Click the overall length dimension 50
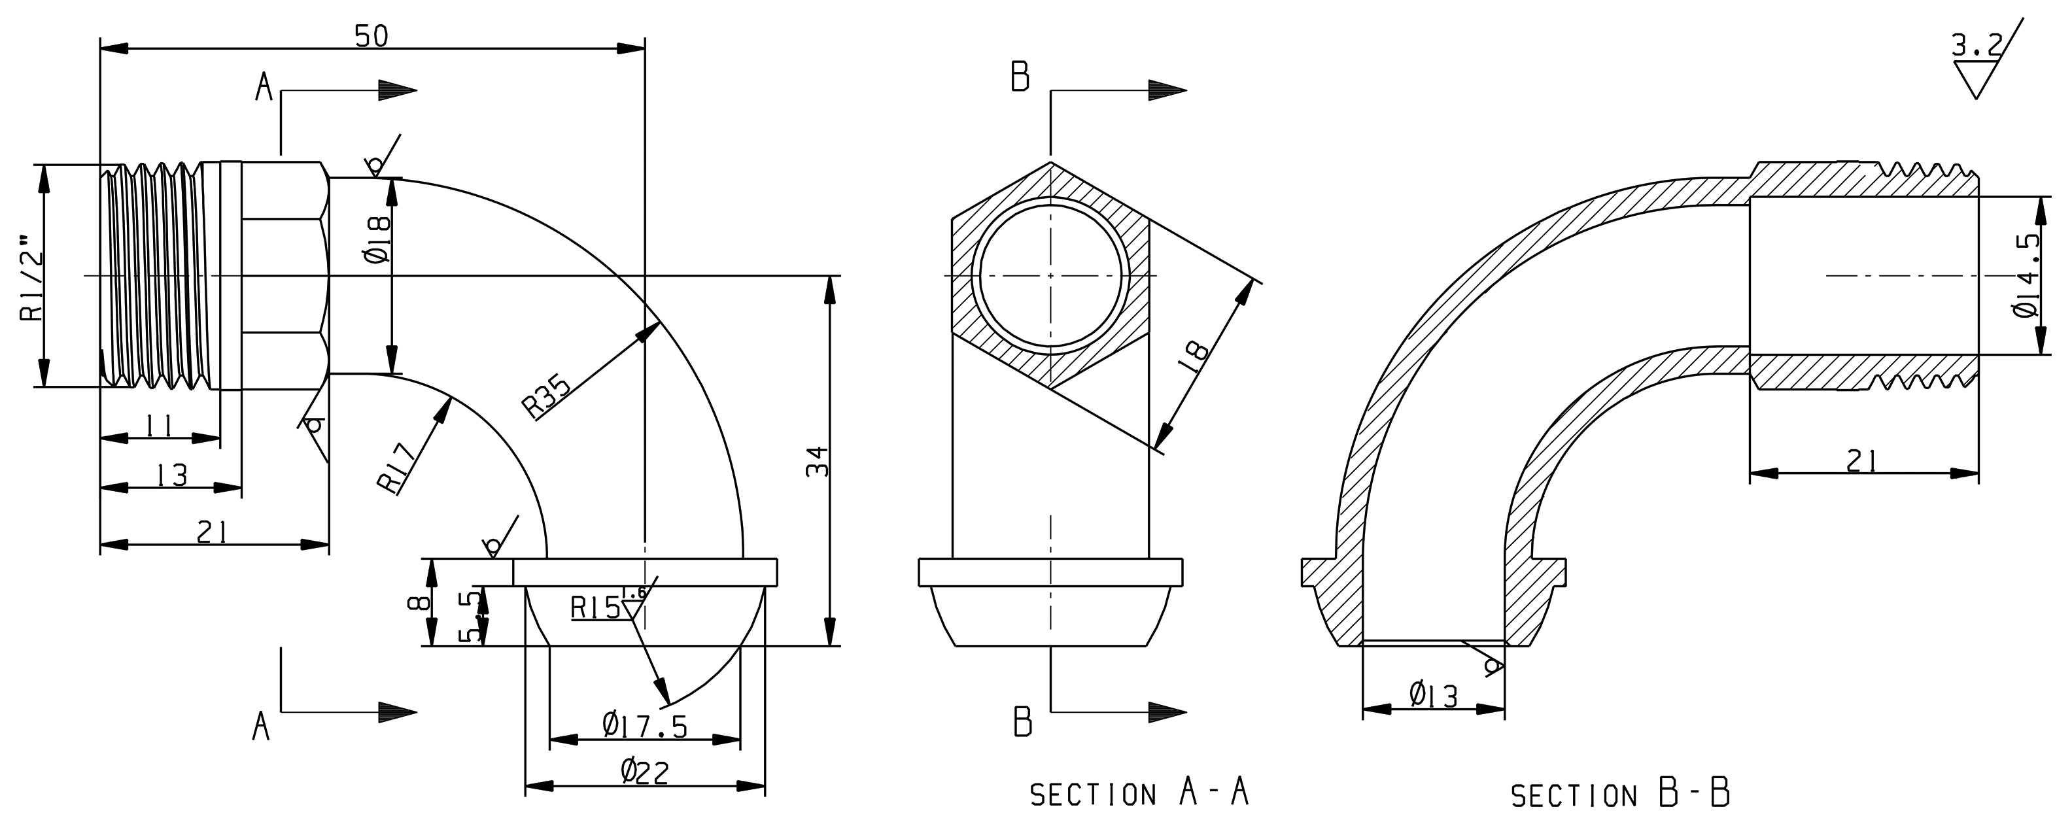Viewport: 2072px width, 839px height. point(371,35)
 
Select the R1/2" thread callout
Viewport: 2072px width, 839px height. point(31,277)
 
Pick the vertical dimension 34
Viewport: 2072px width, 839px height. point(817,462)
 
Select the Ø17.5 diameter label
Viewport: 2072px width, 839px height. point(645,727)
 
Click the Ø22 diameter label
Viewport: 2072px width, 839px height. point(644,772)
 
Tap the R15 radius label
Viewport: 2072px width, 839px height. point(595,608)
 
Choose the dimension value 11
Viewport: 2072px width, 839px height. point(160,426)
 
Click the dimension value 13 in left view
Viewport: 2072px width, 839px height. point(171,475)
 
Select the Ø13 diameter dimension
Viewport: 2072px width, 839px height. point(1434,695)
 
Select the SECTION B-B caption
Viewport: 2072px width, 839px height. point(1620,795)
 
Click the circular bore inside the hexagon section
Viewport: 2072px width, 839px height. point(1051,275)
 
